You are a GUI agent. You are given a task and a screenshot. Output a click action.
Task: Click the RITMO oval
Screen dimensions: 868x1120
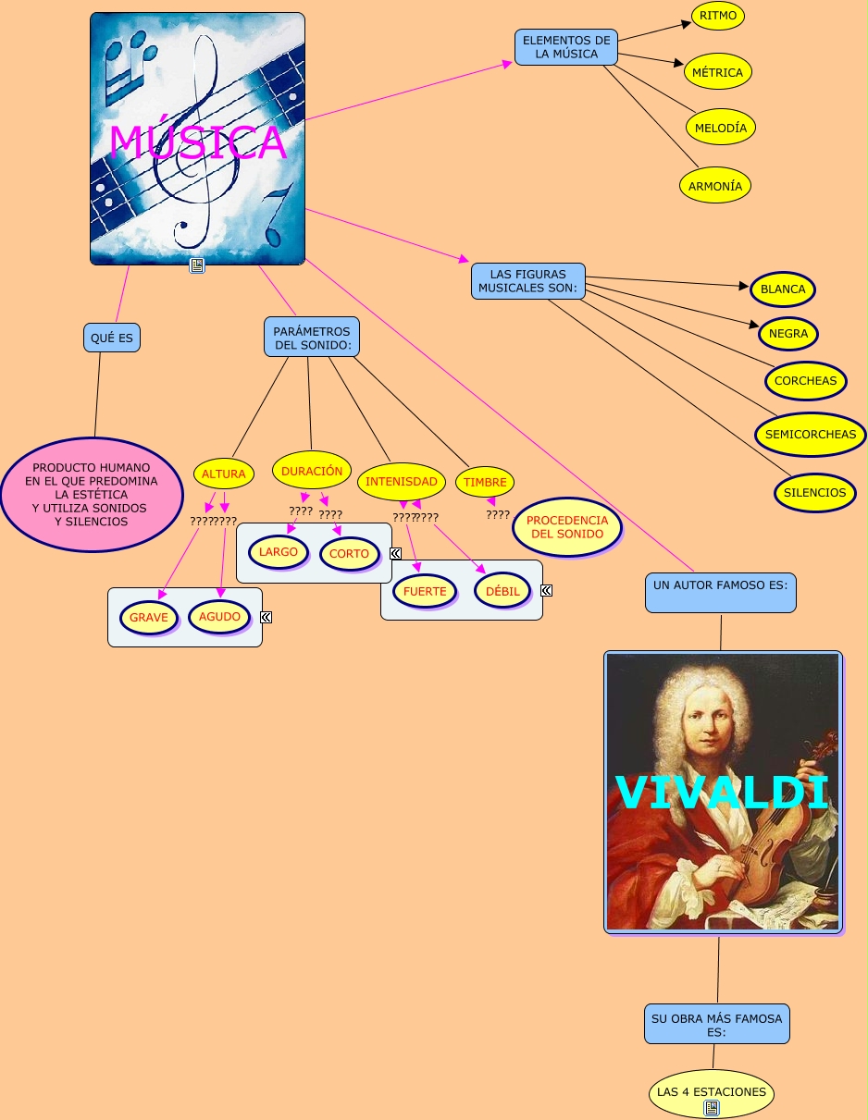tap(718, 16)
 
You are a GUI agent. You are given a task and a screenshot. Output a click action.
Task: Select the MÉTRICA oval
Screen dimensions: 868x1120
tap(718, 72)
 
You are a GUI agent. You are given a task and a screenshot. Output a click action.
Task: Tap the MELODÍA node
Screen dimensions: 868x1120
tap(721, 128)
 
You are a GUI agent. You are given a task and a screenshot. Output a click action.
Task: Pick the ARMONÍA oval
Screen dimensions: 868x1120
tap(715, 186)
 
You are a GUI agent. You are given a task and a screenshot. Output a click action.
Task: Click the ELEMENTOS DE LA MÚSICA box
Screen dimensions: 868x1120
tap(566, 47)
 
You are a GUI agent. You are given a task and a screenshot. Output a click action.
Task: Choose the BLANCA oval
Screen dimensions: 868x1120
tap(783, 289)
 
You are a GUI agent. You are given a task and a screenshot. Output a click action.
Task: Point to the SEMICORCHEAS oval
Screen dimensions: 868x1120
tap(811, 435)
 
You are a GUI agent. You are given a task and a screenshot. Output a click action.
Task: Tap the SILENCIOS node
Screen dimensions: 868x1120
tap(814, 493)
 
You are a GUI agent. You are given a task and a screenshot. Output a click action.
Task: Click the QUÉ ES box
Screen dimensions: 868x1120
tap(112, 338)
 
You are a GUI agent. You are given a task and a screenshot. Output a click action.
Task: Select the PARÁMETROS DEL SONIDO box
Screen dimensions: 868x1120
tap(312, 338)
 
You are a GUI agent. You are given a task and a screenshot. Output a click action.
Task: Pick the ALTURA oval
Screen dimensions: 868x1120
tap(224, 474)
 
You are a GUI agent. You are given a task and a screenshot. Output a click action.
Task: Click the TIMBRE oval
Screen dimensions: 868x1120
tap(485, 482)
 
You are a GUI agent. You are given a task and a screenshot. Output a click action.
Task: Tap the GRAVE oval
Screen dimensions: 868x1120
tap(149, 617)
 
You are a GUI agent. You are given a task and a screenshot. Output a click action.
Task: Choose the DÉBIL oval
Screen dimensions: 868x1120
tap(503, 591)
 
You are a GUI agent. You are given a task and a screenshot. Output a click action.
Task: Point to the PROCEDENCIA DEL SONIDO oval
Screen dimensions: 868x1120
tap(567, 527)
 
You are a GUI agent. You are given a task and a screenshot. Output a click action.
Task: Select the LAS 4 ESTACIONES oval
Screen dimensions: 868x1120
tap(712, 1092)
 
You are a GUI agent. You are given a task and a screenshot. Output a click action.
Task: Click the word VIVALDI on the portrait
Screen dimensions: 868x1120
tap(722, 793)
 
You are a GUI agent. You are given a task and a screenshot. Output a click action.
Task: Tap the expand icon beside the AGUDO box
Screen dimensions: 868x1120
tap(267, 617)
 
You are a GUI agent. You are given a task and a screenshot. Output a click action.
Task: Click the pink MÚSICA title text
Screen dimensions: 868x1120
tap(198, 142)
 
